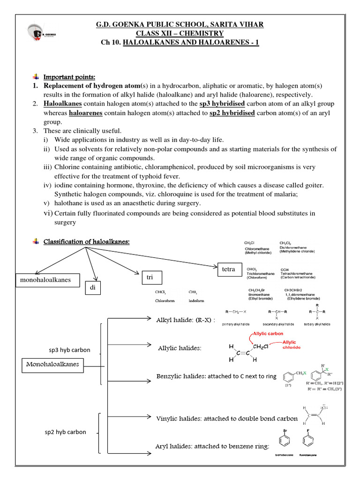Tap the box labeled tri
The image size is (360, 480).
150,278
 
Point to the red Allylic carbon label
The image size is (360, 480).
268,333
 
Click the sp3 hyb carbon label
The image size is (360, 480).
69,350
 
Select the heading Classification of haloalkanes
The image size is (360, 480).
86,241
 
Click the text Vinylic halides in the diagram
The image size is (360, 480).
176,418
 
